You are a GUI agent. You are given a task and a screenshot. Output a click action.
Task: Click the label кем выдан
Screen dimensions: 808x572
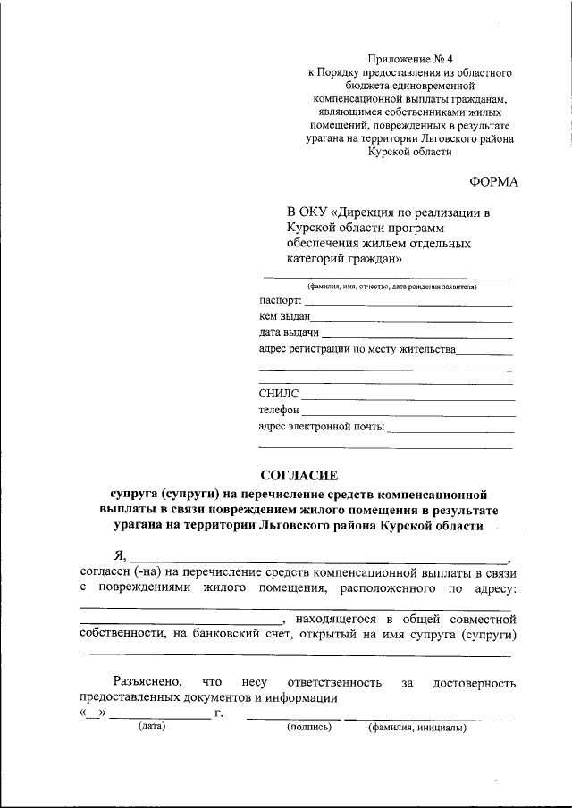click(284, 317)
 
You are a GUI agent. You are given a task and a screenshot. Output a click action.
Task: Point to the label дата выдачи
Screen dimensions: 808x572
click(289, 333)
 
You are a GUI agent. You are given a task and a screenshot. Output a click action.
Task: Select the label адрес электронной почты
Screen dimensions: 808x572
click(321, 426)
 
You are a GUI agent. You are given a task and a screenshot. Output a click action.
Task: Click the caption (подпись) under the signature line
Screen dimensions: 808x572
click(309, 728)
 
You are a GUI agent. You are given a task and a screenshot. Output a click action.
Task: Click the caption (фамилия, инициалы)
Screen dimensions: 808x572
click(417, 728)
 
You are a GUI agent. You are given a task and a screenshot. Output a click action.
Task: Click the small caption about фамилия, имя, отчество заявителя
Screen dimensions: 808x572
click(391, 287)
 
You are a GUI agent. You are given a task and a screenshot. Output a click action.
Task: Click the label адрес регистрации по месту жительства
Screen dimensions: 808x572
click(357, 349)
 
